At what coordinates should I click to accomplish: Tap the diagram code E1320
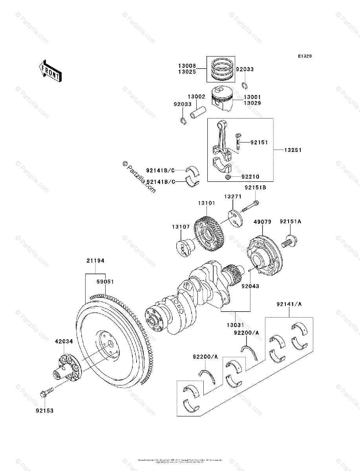coord(305,57)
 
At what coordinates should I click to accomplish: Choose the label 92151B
coord(256,188)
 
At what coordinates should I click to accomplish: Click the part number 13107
coord(181,227)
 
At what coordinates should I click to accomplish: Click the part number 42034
coord(64,341)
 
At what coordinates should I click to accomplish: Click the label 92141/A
coord(289,304)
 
